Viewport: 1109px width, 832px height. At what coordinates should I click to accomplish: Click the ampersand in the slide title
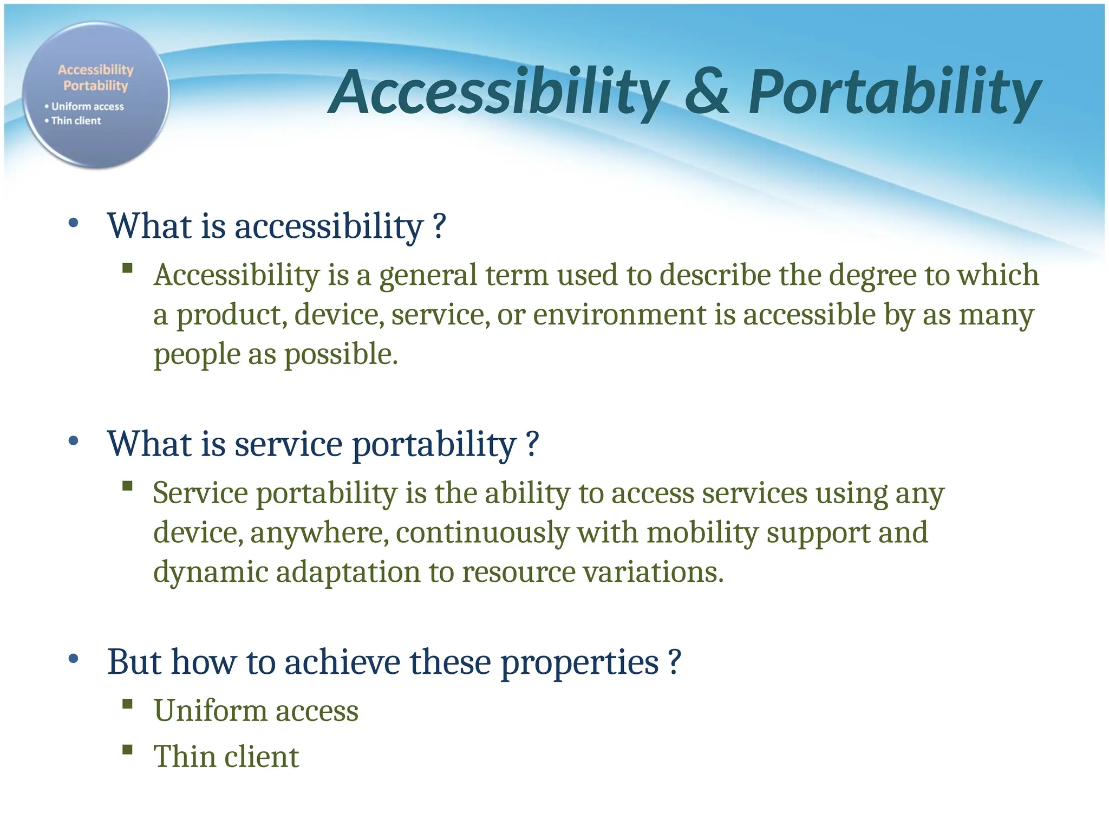tap(707, 92)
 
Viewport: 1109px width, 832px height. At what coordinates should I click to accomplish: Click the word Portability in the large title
tap(893, 92)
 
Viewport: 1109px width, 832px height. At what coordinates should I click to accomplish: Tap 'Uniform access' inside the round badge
tap(87, 107)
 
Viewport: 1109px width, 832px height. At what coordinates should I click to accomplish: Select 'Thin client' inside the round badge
tap(76, 121)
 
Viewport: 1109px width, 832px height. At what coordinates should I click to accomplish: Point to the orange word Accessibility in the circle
tap(95, 70)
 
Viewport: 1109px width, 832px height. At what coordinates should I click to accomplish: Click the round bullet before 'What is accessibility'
tap(74, 223)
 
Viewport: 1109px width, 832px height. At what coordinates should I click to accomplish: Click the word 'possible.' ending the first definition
tap(341, 354)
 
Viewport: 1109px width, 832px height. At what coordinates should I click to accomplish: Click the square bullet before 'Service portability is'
tap(128, 485)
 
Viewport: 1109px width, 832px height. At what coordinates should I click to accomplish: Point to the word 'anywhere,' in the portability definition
tap(319, 533)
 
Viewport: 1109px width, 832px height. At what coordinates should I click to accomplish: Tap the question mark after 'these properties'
tap(674, 662)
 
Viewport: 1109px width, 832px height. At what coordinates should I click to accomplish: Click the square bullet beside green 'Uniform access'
tap(128, 704)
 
